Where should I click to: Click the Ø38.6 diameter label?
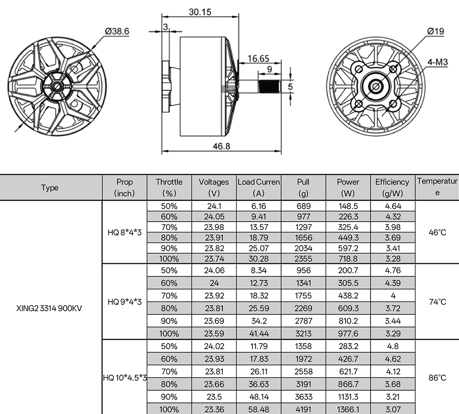(117, 32)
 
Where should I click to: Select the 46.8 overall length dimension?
(221, 146)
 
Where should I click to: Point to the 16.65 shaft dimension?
(258, 59)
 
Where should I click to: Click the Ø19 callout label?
(435, 32)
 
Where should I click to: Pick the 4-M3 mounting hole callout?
(438, 62)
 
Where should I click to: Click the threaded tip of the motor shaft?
(269, 87)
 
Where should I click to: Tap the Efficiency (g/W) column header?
(392, 187)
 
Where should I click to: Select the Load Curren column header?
(258, 187)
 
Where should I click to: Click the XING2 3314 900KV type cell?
(49, 308)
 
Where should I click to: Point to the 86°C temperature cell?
(437, 378)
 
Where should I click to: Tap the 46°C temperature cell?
(437, 232)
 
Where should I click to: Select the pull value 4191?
(303, 409)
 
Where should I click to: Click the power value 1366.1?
(348, 409)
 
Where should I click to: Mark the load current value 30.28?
(258, 259)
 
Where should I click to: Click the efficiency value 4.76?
(392, 270)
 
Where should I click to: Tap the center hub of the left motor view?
(57, 86)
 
